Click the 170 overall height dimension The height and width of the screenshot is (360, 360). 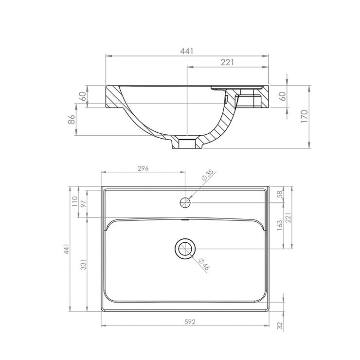click(x=304, y=116)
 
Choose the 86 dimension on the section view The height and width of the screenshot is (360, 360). click(x=71, y=119)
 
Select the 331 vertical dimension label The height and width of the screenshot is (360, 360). click(x=84, y=265)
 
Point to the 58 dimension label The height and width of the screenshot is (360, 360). click(x=279, y=195)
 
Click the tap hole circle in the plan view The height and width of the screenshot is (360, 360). click(x=185, y=201)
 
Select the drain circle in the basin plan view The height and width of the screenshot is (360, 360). click(x=185, y=249)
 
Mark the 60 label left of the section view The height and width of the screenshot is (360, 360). click(x=83, y=96)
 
